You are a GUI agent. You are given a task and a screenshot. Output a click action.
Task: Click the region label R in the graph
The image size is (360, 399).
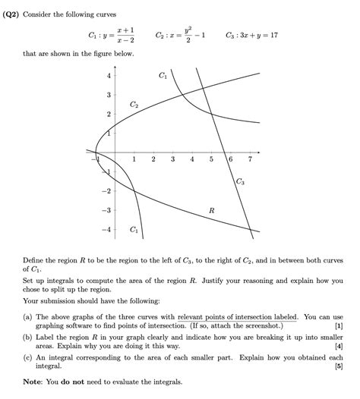pyautogui.click(x=211, y=209)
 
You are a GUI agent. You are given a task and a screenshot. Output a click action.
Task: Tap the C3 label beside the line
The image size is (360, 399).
pyautogui.click(x=239, y=181)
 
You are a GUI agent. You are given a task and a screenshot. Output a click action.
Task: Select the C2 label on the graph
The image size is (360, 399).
pyautogui.click(x=134, y=103)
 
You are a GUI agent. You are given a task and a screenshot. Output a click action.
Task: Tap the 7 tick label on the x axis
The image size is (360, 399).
pyautogui.click(x=250, y=160)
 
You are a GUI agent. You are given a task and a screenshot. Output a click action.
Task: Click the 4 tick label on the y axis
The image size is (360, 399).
pyautogui.click(x=109, y=75)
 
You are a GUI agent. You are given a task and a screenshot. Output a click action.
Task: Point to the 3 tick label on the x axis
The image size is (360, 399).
pyautogui.click(x=172, y=160)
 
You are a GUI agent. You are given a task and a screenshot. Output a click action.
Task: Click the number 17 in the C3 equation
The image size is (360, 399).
pyautogui.click(x=274, y=35)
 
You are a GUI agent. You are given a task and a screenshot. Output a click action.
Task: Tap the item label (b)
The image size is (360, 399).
pyautogui.click(x=27, y=335)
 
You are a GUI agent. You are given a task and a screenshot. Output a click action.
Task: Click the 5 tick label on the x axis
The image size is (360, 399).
pyautogui.click(x=211, y=160)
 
